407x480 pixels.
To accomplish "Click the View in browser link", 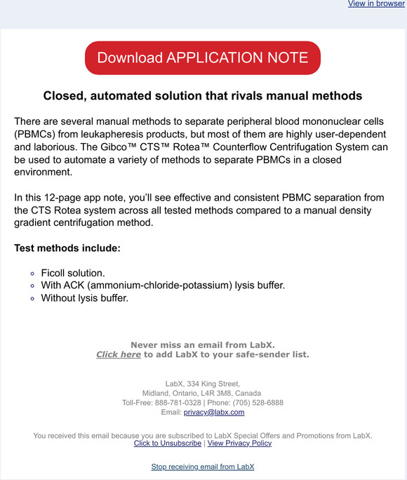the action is click(x=376, y=4).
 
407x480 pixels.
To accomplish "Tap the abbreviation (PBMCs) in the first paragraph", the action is click(x=36, y=134).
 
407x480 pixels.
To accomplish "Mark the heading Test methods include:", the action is click(x=67, y=248).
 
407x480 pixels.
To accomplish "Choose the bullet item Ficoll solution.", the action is click(x=74, y=272).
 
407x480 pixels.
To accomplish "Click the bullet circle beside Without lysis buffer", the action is click(x=32, y=298).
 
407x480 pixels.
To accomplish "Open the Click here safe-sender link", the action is click(x=119, y=354).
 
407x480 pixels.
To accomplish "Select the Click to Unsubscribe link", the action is click(x=168, y=444).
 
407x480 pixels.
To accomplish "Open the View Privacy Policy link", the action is click(x=239, y=444).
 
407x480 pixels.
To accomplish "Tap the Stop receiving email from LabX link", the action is click(x=203, y=467).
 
